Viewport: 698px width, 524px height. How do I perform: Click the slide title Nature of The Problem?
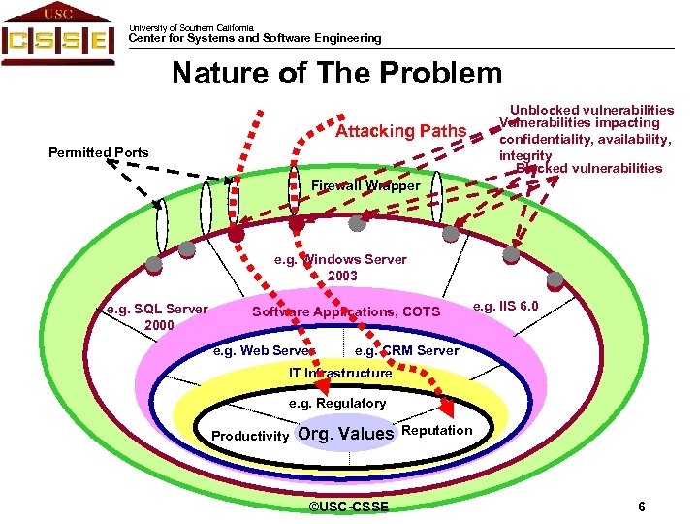coord(336,74)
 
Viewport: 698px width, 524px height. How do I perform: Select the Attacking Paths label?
coord(400,131)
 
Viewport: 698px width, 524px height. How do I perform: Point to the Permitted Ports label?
coord(99,152)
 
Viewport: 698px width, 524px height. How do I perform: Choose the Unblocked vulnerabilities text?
coord(591,110)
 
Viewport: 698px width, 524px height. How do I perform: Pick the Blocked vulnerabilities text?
coord(588,168)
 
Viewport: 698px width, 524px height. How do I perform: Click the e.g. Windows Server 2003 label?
coord(341,267)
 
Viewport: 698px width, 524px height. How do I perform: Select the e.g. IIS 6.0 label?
coord(506,307)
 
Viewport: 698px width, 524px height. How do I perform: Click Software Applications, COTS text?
coord(346,311)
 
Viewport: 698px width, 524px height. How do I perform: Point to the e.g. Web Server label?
coord(263,350)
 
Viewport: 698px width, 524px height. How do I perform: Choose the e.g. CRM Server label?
coord(406,350)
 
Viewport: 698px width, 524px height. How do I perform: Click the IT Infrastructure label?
coord(340,373)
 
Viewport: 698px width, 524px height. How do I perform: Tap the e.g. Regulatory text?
coord(337,403)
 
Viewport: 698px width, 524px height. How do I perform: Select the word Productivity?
coord(250,436)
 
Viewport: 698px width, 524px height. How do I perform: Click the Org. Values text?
coord(346,434)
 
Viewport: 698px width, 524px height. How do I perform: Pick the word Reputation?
coord(436,430)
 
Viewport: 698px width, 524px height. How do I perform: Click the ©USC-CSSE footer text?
coord(348,508)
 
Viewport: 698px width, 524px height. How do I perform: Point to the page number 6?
coord(642,508)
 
